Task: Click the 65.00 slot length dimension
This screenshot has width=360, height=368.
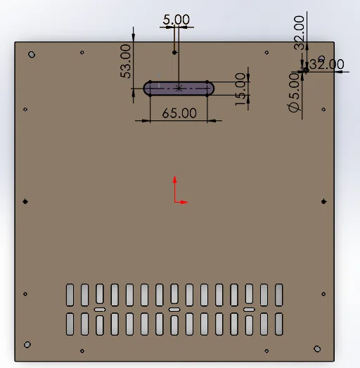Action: pyautogui.click(x=179, y=113)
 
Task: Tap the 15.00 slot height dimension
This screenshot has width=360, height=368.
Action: pyautogui.click(x=242, y=89)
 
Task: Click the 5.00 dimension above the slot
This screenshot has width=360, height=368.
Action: pyautogui.click(x=176, y=20)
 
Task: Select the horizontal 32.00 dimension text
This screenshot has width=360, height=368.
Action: pyautogui.click(x=327, y=64)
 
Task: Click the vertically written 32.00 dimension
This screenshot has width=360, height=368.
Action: pyautogui.click(x=300, y=32)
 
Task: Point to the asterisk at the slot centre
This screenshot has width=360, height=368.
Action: pyautogui.click(x=179, y=88)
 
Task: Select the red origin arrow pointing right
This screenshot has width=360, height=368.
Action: pyautogui.click(x=183, y=202)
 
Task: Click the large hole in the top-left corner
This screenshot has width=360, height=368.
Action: pyautogui.click(x=31, y=54)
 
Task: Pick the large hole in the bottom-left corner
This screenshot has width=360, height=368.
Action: pyautogui.click(x=27, y=344)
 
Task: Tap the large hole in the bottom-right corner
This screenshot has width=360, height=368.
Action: pyautogui.click(x=316, y=348)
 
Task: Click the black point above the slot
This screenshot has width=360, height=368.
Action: pyautogui.click(x=174, y=52)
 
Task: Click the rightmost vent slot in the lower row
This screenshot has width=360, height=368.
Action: pyautogui.click(x=279, y=324)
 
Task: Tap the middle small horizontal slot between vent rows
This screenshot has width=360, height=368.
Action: pyautogui.click(x=174, y=309)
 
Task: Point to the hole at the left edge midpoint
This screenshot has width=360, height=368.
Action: pyautogui.click(x=25, y=202)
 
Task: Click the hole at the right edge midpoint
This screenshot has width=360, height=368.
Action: pyautogui.click(x=323, y=202)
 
